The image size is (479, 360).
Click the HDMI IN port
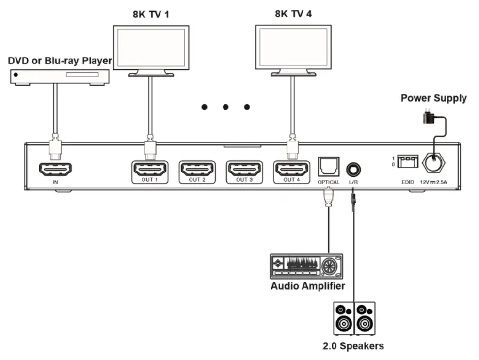coord(55,169)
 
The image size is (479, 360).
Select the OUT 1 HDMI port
coord(150,169)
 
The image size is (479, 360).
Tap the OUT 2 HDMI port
coord(197,169)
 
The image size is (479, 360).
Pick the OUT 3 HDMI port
coord(244,169)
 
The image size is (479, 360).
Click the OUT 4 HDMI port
coord(291,169)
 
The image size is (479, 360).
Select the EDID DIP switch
coord(407,161)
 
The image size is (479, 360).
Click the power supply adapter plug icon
coord(428,116)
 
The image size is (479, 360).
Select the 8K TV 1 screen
coord(150,47)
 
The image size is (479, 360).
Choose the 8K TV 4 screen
coord(293,47)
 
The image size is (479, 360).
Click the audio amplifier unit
coord(306,266)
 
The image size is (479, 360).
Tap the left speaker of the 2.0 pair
coord(344,318)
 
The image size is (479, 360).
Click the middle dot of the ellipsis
coord(225,107)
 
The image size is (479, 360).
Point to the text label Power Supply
coord(433,98)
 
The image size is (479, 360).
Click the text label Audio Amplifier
coord(307,286)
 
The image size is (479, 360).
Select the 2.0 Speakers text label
coord(353,346)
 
